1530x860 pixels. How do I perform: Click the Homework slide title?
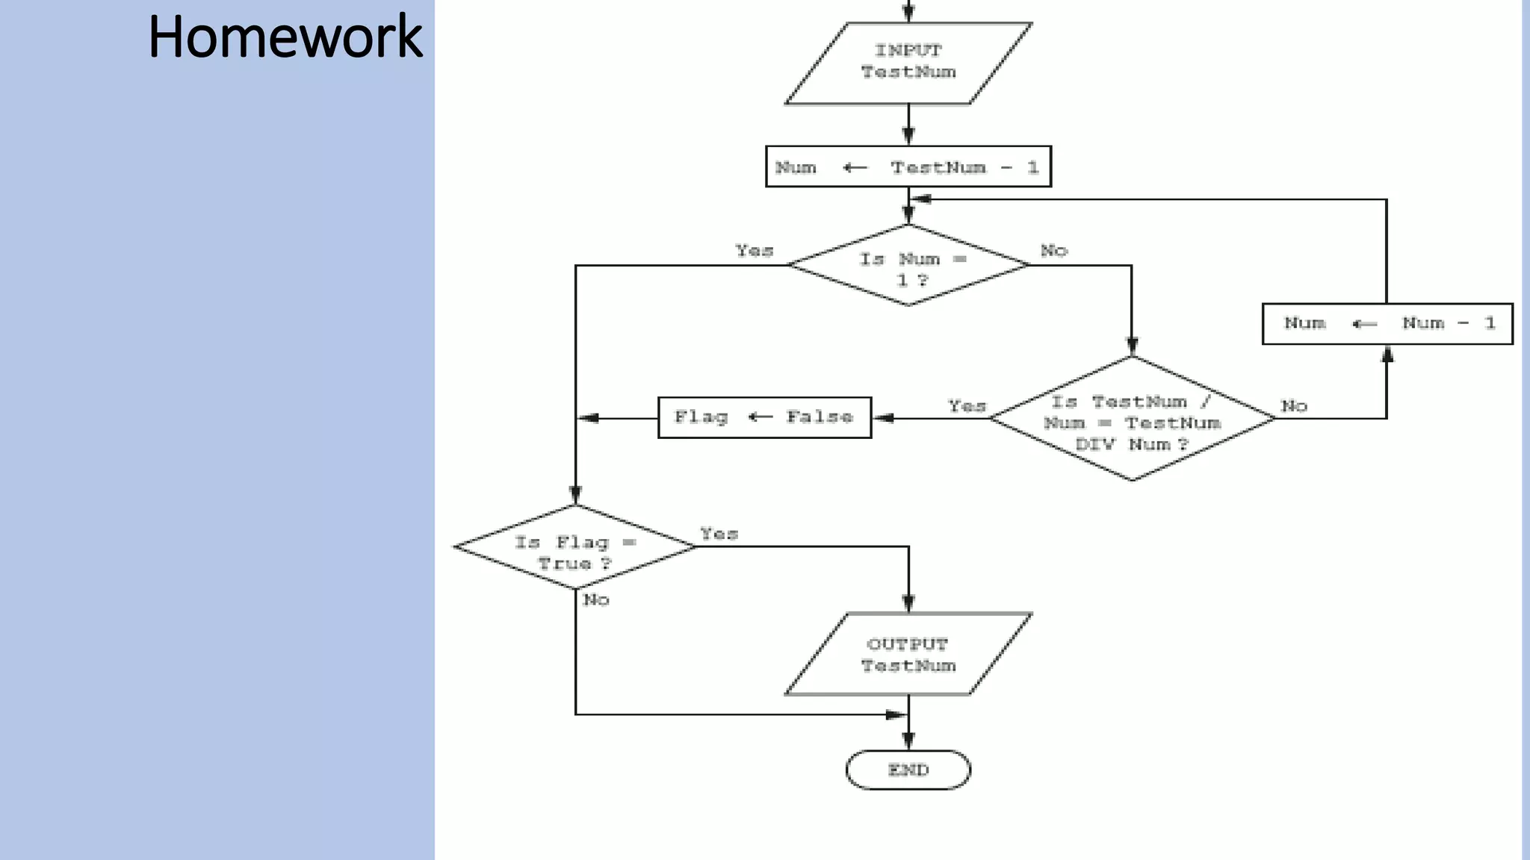click(285, 37)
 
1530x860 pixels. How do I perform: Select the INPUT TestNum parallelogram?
click(908, 63)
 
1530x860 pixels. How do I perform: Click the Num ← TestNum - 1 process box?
click(908, 166)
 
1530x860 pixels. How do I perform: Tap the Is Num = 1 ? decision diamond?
click(908, 266)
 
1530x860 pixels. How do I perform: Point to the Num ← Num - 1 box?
click(1387, 323)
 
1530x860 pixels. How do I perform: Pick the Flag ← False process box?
click(764, 417)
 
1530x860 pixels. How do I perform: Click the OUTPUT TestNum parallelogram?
click(908, 655)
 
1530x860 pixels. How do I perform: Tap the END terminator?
click(908, 770)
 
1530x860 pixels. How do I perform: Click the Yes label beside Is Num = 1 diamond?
click(754, 251)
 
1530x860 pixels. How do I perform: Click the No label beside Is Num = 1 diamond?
click(1053, 251)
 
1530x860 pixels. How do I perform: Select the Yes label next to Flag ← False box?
click(967, 406)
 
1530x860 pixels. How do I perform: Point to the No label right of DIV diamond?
click(1294, 406)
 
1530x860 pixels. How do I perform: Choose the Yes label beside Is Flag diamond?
click(719, 534)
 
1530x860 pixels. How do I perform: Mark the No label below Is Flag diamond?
click(596, 599)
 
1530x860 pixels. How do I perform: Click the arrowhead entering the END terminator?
click(908, 741)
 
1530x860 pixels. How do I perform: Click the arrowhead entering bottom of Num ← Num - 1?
click(1387, 354)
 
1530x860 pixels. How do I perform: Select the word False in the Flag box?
click(819, 417)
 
